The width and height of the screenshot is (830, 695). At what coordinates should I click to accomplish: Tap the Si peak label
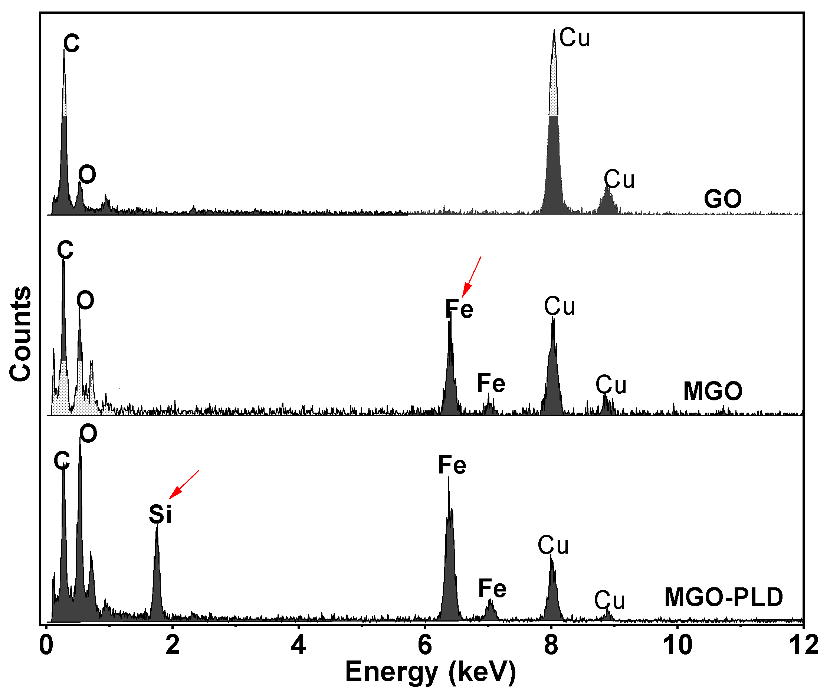tap(160, 515)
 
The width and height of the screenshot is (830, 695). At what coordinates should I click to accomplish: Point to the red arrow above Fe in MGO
tap(472, 276)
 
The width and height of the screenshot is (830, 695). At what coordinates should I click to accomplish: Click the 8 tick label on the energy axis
tap(551, 645)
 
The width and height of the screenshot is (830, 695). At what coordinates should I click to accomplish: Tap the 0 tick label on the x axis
tap(46, 645)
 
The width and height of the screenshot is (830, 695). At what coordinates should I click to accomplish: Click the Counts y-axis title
tap(20, 334)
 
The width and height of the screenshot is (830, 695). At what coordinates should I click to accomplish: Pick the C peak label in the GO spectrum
tap(72, 43)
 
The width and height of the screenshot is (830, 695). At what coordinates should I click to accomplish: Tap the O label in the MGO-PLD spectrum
tap(88, 434)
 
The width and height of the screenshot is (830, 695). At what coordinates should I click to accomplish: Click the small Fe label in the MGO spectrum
tap(491, 383)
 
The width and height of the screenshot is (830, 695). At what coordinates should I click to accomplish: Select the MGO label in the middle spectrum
tap(713, 391)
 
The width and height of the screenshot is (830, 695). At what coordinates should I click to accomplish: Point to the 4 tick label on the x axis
tap(298, 645)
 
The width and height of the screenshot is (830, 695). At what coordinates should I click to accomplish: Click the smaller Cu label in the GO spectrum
tap(619, 180)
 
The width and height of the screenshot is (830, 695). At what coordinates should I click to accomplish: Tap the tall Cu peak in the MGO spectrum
tap(553, 376)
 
